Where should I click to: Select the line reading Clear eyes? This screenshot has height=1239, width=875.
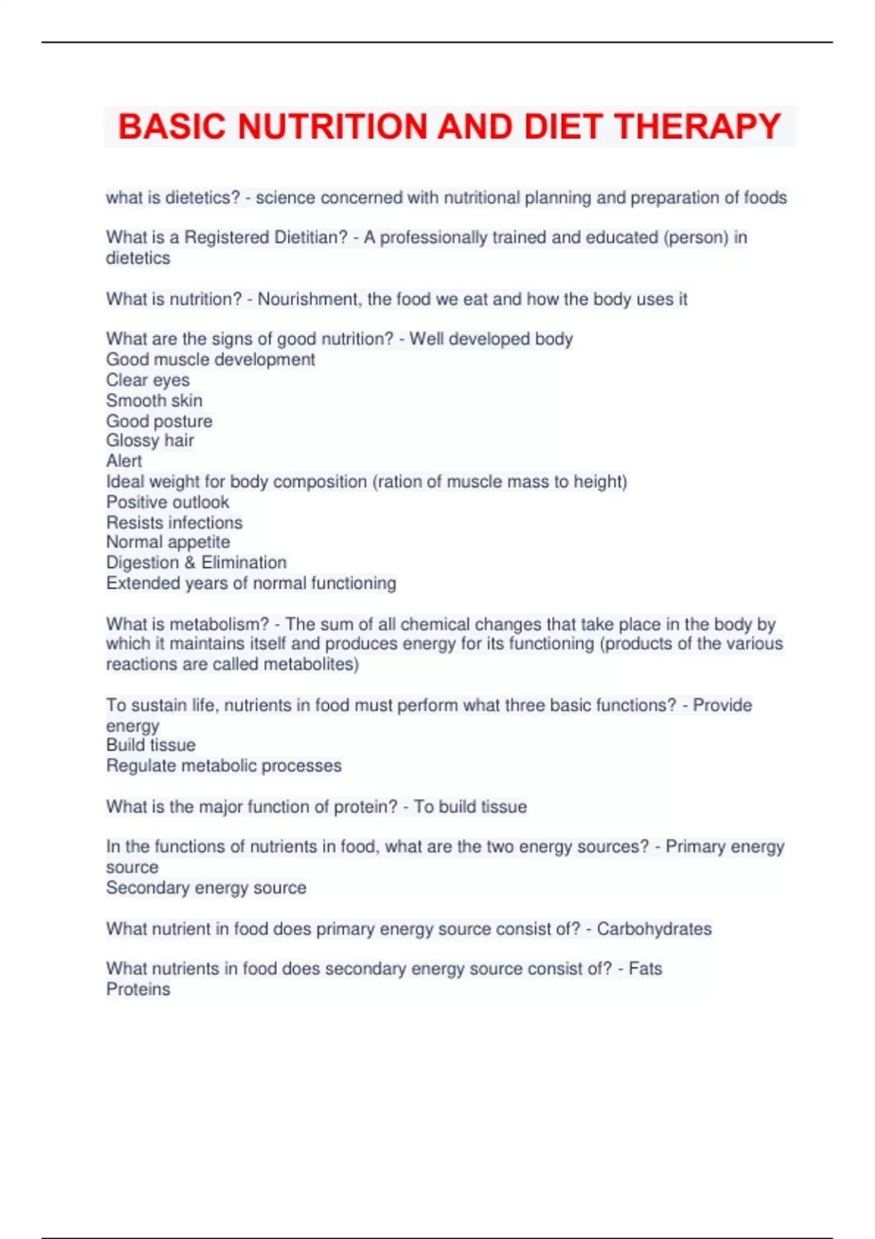click(x=148, y=380)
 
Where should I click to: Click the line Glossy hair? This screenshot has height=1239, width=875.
click(x=150, y=440)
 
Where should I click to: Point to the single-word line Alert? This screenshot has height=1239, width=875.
click(x=124, y=461)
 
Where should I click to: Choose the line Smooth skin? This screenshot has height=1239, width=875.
click(x=155, y=400)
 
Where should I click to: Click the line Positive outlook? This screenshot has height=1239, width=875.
click(x=168, y=502)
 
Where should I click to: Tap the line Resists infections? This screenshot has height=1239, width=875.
click(x=174, y=523)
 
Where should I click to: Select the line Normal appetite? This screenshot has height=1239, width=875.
click(x=168, y=542)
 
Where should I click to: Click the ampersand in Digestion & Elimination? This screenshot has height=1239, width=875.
click(x=190, y=563)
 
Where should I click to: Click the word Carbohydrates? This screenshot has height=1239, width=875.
click(x=654, y=929)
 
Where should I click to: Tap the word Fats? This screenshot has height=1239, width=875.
click(x=645, y=969)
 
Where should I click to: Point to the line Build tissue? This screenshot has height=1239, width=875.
click(x=151, y=745)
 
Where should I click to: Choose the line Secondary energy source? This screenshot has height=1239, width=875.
click(x=206, y=888)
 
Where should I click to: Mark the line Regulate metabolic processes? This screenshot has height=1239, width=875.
click(x=224, y=766)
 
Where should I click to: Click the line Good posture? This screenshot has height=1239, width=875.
click(x=160, y=421)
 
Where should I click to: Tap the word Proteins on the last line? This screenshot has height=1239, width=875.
click(x=139, y=990)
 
